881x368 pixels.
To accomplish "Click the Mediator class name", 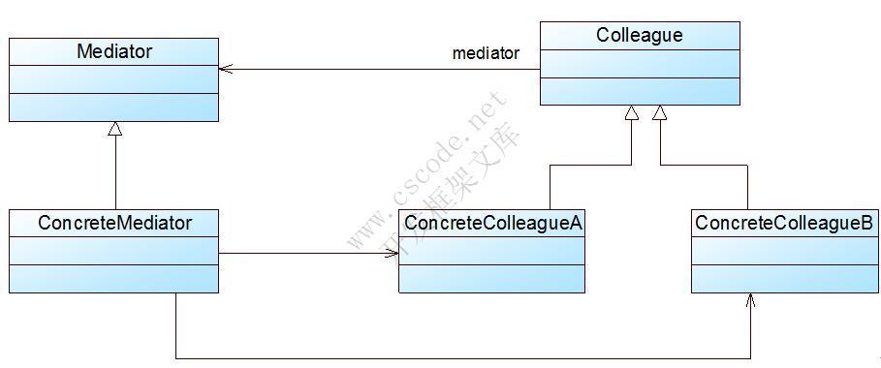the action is click(x=114, y=51).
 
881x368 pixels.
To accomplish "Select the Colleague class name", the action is click(x=639, y=36).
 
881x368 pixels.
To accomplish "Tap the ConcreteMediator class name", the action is click(x=114, y=223).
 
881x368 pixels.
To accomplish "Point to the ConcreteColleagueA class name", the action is click(x=492, y=223).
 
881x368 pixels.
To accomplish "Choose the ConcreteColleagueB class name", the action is click(x=784, y=223).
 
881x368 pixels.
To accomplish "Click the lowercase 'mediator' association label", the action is click(x=486, y=53).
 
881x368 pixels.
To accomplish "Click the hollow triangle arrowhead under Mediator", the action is click(x=115, y=129).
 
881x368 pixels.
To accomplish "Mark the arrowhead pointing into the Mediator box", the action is click(x=225, y=69).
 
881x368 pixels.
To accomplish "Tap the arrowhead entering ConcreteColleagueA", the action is click(x=393, y=254).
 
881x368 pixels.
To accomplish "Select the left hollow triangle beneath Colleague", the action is click(x=632, y=113).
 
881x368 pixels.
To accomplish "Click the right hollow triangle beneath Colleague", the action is click(x=660, y=113).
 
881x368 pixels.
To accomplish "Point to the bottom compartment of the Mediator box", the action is click(x=114, y=107).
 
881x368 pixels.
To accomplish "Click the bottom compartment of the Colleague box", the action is click(x=639, y=92).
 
